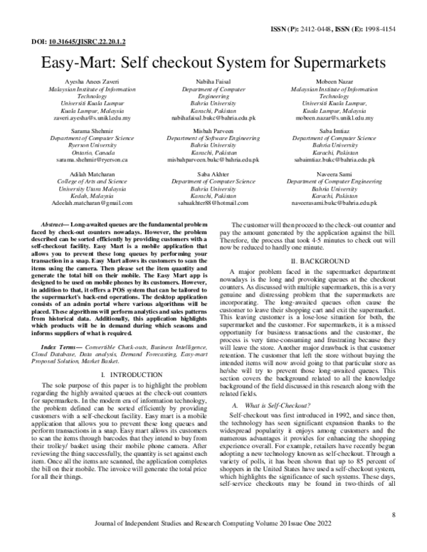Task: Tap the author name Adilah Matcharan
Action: pos(77,174)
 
